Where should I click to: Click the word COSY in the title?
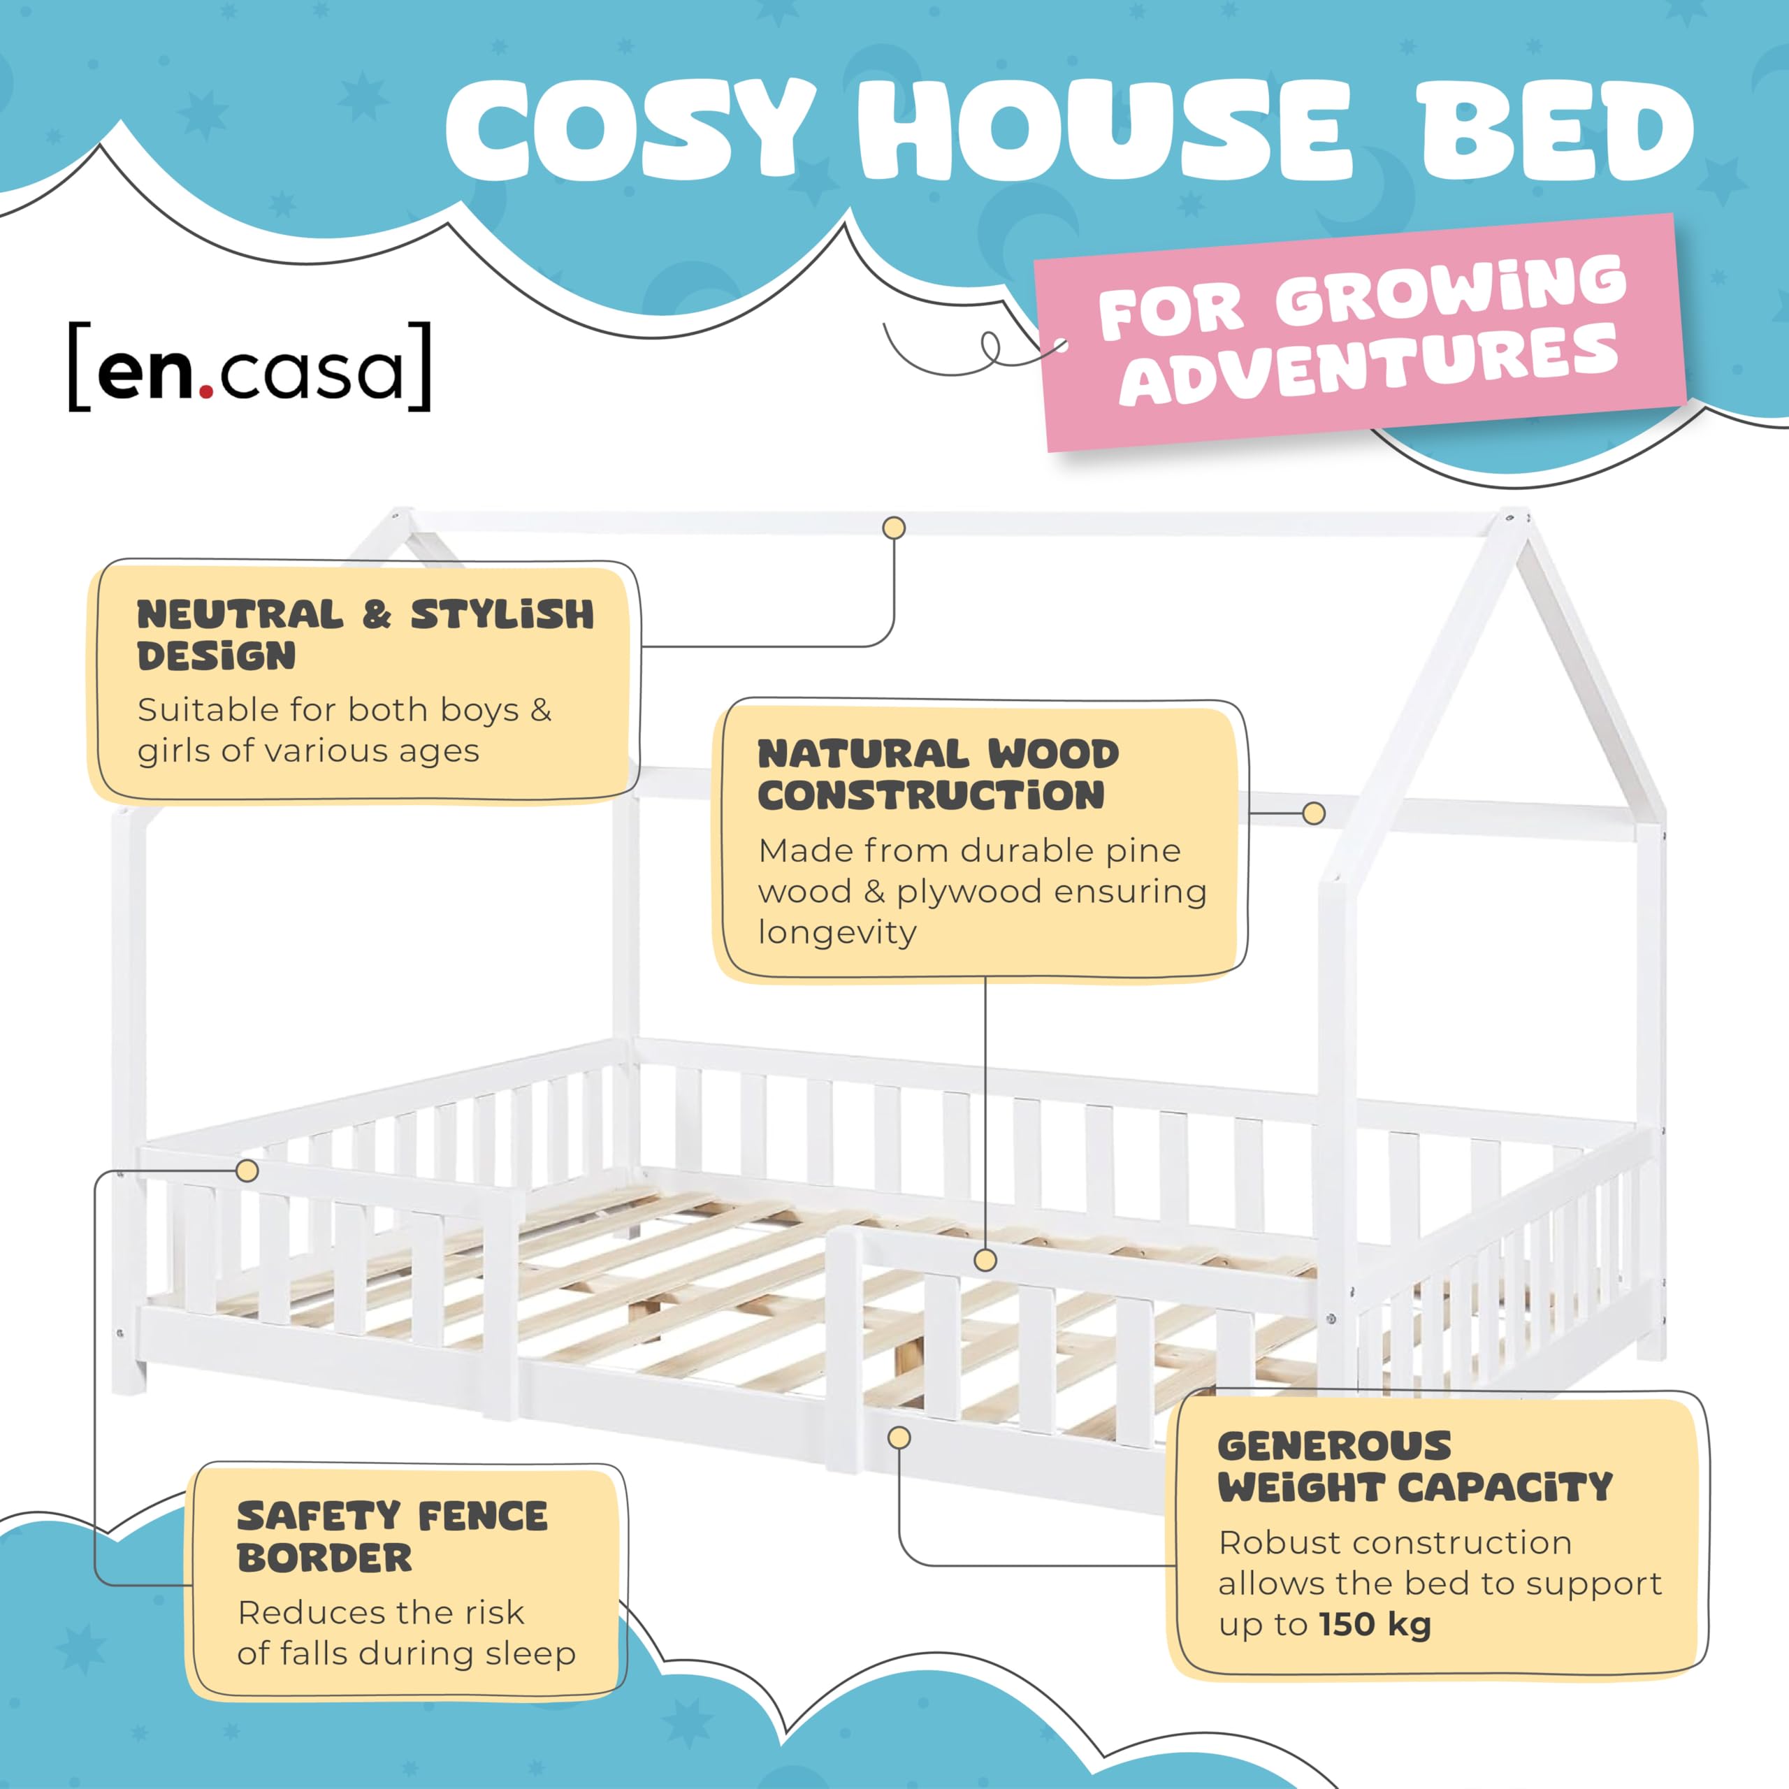(x=630, y=131)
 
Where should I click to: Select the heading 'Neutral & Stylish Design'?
(x=365, y=635)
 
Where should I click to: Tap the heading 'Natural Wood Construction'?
(x=938, y=774)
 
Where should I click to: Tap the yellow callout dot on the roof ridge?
(x=894, y=528)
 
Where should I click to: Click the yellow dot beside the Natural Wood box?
(x=1313, y=813)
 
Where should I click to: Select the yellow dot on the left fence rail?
(x=247, y=1171)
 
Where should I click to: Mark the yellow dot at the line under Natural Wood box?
(x=985, y=1259)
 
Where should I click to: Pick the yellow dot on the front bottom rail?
(x=898, y=1438)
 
